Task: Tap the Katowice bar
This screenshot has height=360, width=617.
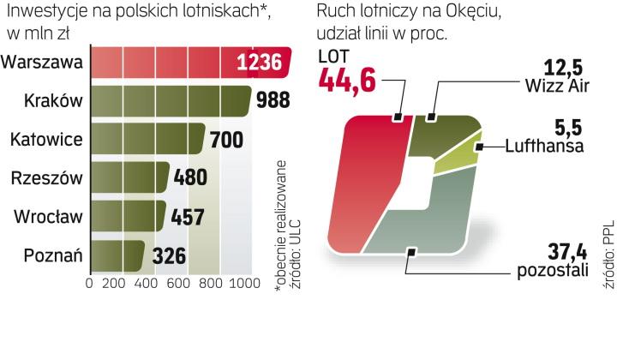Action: (x=146, y=140)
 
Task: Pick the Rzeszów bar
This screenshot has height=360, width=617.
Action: (x=129, y=178)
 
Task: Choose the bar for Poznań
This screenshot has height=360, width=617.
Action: (x=117, y=255)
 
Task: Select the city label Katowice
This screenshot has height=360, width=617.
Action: (x=45, y=139)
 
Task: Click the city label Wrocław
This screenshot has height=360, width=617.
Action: (x=48, y=216)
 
